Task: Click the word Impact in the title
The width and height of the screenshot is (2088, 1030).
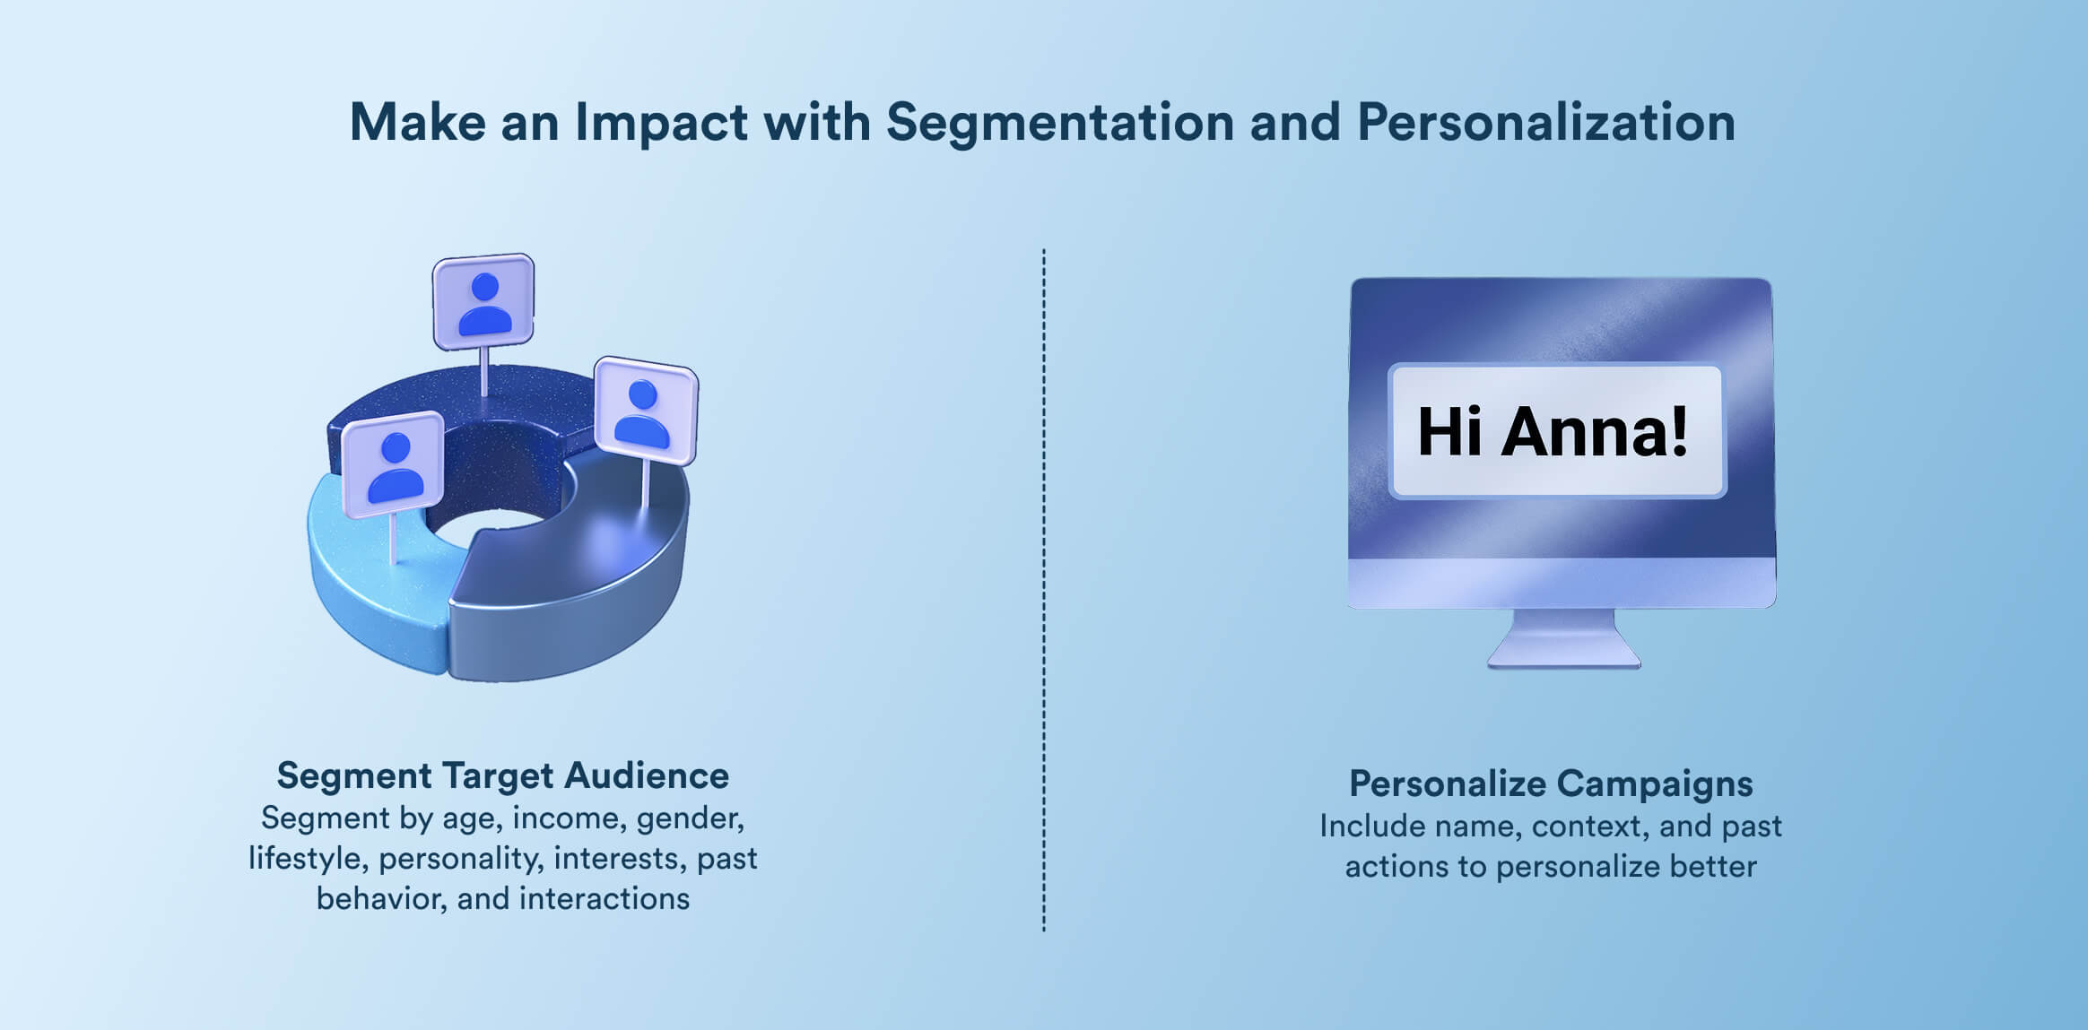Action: [x=661, y=122]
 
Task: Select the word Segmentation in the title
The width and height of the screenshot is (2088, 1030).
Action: [x=1060, y=122]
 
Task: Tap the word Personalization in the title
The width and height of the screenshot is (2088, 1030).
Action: [x=1545, y=122]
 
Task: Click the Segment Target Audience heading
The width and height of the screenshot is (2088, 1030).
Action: [x=502, y=775]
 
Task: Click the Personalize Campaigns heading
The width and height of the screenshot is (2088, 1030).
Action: [x=1551, y=783]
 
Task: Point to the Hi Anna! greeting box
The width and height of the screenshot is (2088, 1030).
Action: [x=1556, y=431]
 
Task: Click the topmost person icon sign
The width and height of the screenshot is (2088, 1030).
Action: [x=483, y=301]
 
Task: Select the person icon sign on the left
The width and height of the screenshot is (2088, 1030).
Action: [x=394, y=464]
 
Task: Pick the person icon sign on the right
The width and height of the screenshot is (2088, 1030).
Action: [x=646, y=411]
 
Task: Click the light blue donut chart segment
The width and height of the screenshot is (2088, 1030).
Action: [x=368, y=592]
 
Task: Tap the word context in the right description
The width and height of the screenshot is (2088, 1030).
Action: [x=1588, y=826]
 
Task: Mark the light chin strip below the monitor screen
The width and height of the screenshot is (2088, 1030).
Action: [x=1562, y=583]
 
